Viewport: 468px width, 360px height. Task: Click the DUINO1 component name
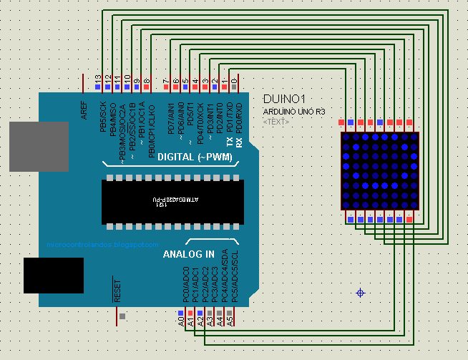click(x=285, y=99)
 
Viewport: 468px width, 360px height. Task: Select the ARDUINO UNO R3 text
click(x=293, y=112)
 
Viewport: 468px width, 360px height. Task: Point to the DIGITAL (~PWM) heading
click(x=195, y=157)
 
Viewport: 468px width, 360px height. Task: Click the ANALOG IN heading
click(x=188, y=254)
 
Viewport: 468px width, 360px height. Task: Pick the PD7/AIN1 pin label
click(x=171, y=119)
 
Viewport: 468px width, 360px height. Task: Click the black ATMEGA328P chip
click(x=172, y=202)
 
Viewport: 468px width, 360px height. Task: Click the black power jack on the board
click(x=54, y=276)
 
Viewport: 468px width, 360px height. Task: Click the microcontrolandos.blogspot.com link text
click(x=102, y=244)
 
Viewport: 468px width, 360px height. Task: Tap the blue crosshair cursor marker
click(x=361, y=293)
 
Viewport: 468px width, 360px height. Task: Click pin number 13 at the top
click(x=98, y=78)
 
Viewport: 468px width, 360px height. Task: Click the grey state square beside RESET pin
click(x=123, y=316)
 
